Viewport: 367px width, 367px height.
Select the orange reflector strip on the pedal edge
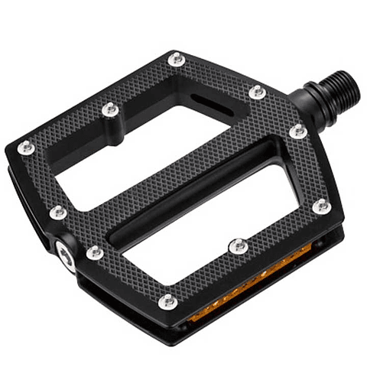click(x=245, y=284)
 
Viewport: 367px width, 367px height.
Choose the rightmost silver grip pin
click(x=322, y=206)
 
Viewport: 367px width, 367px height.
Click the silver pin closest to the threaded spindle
click(x=258, y=93)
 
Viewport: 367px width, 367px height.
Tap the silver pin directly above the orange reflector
click(x=237, y=246)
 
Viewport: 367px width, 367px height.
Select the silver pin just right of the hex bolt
click(x=95, y=252)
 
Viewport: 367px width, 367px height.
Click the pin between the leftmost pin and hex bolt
click(x=58, y=211)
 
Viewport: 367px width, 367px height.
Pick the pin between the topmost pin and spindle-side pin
click(x=258, y=93)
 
